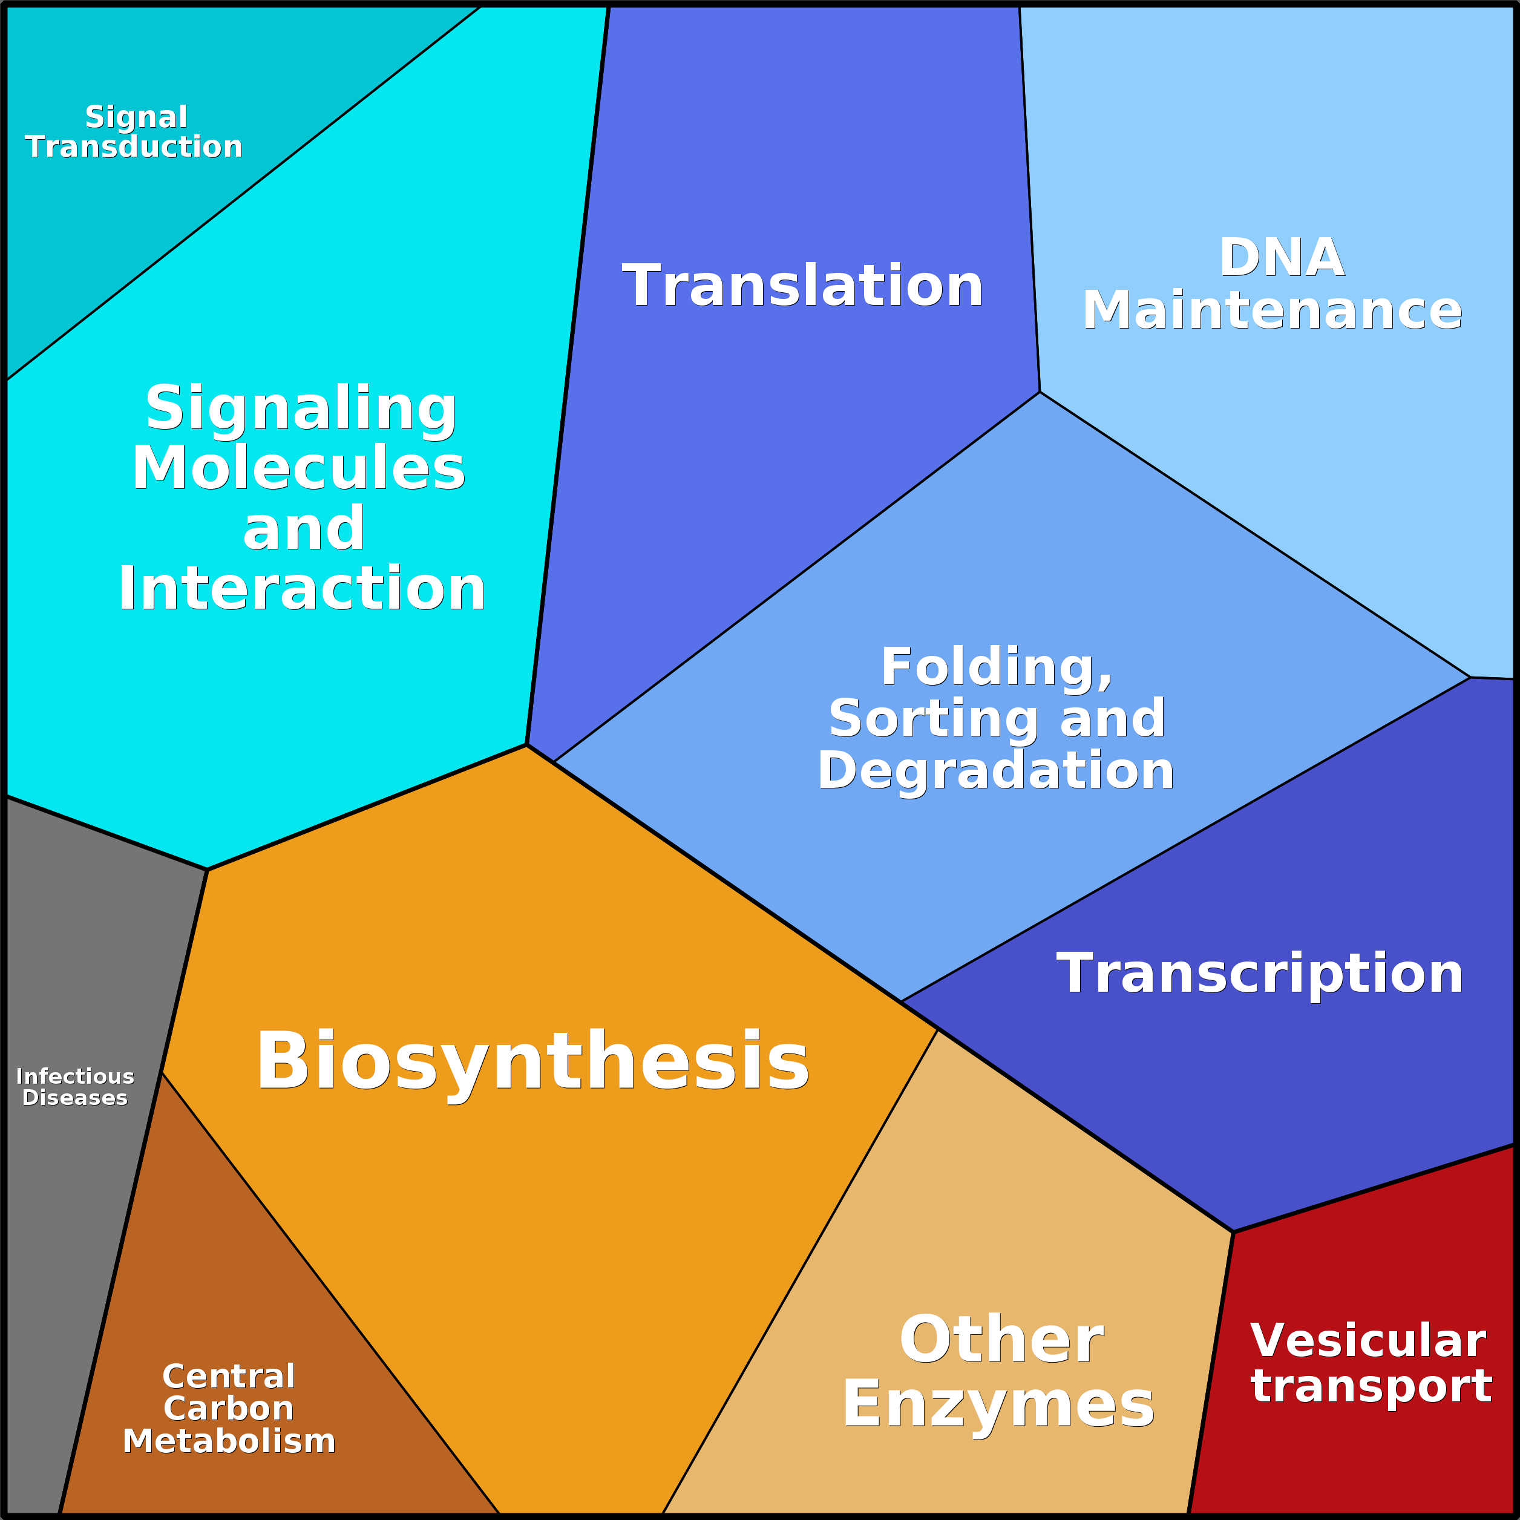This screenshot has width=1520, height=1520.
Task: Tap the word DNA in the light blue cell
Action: pyautogui.click(x=1282, y=257)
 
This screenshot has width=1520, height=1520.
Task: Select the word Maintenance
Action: pyautogui.click(x=1272, y=310)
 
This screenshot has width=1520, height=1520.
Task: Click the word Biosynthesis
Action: pyautogui.click(x=532, y=1062)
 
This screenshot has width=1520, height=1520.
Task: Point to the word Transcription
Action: pyautogui.click(x=1260, y=974)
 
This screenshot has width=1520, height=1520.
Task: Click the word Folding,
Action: pyautogui.click(x=997, y=668)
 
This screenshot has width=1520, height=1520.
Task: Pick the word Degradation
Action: pyautogui.click(x=996, y=771)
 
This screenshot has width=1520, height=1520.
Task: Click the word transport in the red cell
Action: pyautogui.click(x=1371, y=1386)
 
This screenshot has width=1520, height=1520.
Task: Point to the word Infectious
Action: pyautogui.click(x=75, y=1076)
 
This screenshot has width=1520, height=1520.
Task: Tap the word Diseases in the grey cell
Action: pyautogui.click(x=75, y=1098)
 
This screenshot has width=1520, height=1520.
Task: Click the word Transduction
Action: pyautogui.click(x=134, y=146)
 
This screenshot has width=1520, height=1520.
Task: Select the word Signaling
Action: pyautogui.click(x=301, y=409)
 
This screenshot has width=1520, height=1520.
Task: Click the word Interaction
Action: pyautogui.click(x=302, y=589)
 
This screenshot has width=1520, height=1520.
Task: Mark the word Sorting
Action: pyautogui.click(x=938, y=720)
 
